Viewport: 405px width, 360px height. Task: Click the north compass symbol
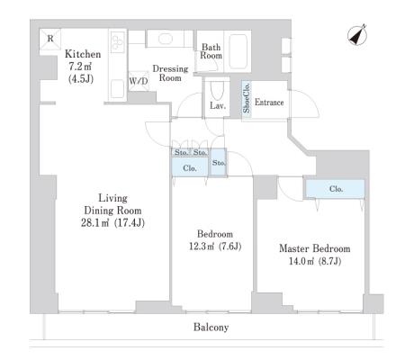click(x=357, y=35)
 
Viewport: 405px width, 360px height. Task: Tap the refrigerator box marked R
click(x=50, y=39)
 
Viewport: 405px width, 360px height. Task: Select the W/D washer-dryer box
click(x=139, y=81)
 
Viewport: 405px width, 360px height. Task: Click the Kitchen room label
click(x=83, y=54)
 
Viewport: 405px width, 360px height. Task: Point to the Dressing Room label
click(x=170, y=73)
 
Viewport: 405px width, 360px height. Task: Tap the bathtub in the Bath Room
click(x=238, y=51)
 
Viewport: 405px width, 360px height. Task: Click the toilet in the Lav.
click(x=217, y=90)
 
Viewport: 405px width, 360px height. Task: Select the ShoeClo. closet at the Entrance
click(x=247, y=98)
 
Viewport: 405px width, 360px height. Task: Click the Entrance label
click(x=269, y=103)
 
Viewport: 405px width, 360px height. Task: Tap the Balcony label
click(x=211, y=327)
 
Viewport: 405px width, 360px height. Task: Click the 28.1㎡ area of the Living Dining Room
click(x=95, y=223)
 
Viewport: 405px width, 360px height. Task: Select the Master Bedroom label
click(x=315, y=248)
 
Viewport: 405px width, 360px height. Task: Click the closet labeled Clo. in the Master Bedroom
click(x=335, y=189)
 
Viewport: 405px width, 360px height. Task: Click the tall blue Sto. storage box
click(x=218, y=162)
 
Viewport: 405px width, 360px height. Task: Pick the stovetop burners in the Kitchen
click(x=118, y=42)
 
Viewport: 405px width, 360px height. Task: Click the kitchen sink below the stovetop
click(x=117, y=89)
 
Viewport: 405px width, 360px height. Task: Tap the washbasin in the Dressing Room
click(x=166, y=39)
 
